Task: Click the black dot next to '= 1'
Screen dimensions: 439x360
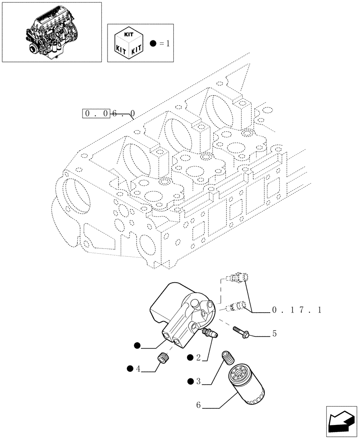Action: click(x=152, y=43)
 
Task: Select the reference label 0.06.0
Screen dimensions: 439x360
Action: click(x=108, y=114)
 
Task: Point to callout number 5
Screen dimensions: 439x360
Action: click(x=274, y=334)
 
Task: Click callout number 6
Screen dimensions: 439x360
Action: click(x=198, y=406)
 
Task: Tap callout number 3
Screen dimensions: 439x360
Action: click(x=198, y=382)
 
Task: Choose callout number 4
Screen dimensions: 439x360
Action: click(x=138, y=369)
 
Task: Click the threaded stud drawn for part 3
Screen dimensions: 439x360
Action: click(x=227, y=358)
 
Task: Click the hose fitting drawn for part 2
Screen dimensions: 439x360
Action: click(x=211, y=334)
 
